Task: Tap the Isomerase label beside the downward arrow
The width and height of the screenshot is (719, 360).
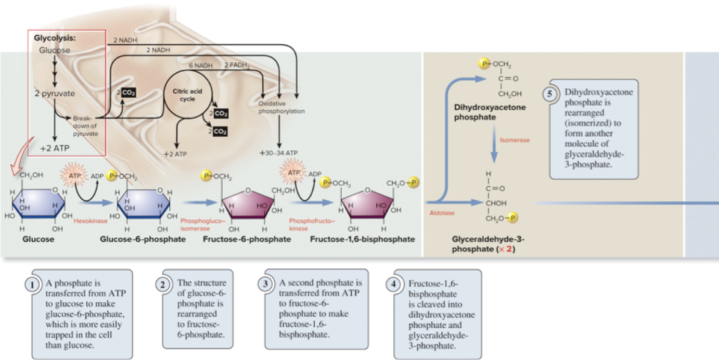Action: (x=515, y=140)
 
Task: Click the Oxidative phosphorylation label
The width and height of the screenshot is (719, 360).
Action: (x=281, y=107)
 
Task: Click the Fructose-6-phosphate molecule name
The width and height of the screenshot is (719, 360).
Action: (x=247, y=239)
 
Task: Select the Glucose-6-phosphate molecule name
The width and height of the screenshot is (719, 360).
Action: (x=142, y=239)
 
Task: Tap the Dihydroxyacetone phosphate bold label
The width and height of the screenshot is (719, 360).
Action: (x=490, y=112)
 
